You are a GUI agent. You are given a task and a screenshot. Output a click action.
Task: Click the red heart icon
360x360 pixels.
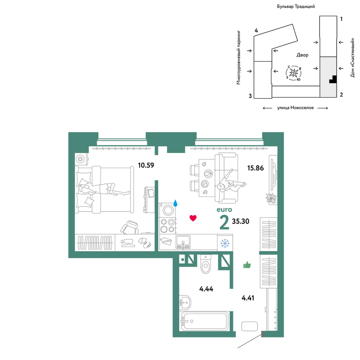[193, 218]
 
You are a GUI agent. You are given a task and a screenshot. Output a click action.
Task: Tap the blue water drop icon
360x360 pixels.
[175, 203]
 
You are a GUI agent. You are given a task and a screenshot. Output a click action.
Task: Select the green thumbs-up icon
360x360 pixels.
[247, 265]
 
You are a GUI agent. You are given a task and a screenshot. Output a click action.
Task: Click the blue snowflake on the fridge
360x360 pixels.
[225, 243]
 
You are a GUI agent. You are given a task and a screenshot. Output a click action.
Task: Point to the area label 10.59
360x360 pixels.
[146, 165]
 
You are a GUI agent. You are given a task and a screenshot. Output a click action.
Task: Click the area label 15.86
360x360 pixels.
[256, 168]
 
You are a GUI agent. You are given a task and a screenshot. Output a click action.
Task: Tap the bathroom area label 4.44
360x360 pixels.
[206, 289]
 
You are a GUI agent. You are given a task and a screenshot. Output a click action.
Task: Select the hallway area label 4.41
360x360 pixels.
[248, 298]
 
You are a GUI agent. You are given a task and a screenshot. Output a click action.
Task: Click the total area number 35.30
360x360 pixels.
[240, 221]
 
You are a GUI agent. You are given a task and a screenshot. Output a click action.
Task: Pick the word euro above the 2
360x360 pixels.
[224, 210]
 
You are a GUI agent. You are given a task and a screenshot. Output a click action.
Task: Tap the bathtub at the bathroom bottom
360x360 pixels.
[204, 321]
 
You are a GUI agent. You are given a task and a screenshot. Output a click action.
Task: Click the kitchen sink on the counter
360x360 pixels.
[183, 242]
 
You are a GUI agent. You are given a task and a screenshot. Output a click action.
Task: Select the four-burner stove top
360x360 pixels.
[168, 226]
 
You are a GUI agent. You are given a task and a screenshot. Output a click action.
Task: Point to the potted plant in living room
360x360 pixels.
[271, 198]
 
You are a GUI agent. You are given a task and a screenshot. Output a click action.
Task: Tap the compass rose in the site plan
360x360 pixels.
[294, 73]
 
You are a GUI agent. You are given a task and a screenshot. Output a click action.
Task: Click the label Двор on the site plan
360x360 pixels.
[302, 55]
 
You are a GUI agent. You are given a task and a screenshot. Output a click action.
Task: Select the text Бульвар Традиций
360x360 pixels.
[296, 6]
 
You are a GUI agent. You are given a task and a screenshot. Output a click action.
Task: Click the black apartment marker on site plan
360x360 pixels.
[333, 80]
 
